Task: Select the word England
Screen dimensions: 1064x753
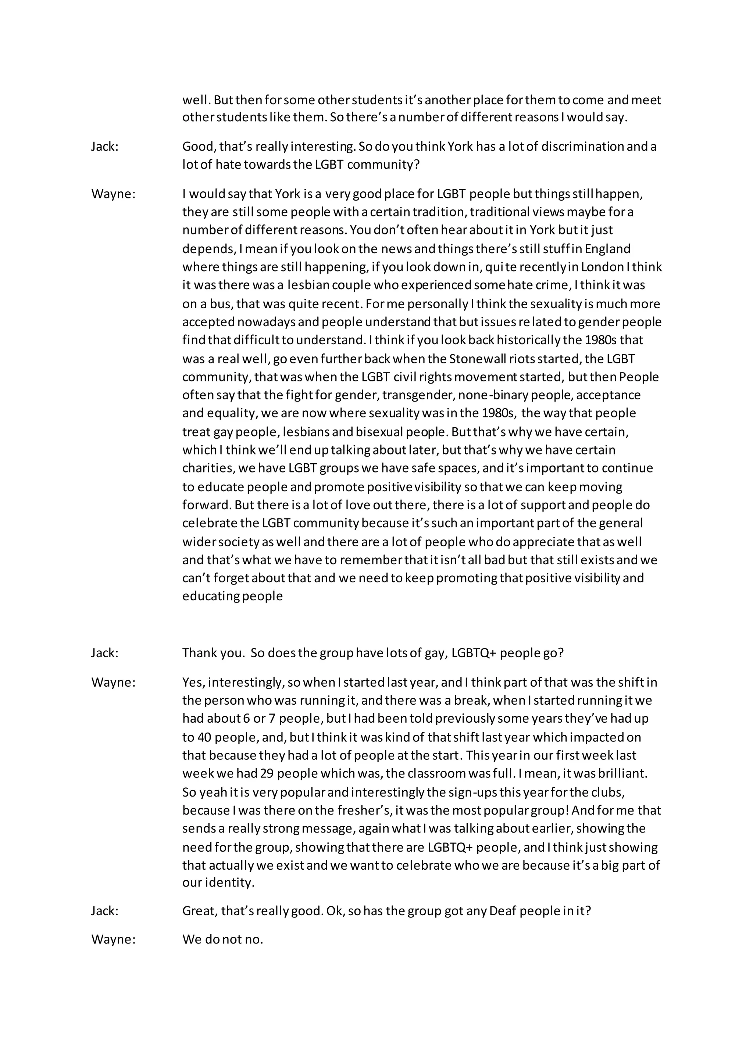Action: (607, 249)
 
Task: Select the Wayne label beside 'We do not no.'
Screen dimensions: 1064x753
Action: (113, 939)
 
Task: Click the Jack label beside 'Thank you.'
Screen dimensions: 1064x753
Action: (104, 653)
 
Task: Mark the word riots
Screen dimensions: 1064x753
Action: (519, 359)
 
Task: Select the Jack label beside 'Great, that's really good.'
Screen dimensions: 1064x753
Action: (104, 911)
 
